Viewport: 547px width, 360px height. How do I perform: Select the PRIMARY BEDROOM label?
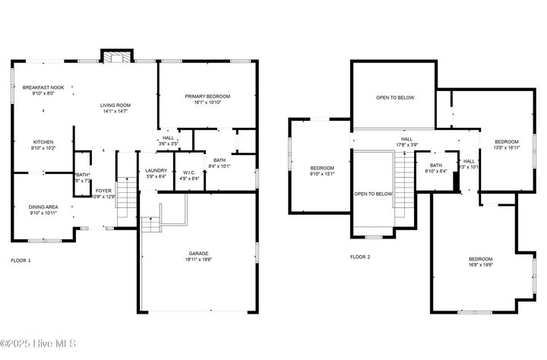(x=207, y=96)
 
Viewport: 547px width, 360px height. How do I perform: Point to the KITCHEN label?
(x=43, y=142)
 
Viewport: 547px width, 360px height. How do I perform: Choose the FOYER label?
(x=103, y=191)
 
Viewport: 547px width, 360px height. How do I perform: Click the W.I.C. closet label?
(x=190, y=172)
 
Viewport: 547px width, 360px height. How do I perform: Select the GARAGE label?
(x=199, y=254)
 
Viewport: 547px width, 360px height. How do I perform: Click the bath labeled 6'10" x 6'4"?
(x=436, y=166)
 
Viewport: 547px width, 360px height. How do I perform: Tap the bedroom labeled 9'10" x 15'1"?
(x=321, y=168)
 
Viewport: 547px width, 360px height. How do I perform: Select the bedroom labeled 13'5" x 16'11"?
(x=506, y=142)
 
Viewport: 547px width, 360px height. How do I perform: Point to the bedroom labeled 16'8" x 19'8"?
(x=480, y=260)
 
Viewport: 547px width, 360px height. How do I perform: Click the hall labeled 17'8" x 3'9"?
(x=406, y=139)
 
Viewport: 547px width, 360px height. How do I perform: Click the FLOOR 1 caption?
(x=21, y=261)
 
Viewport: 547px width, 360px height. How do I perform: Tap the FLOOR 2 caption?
(x=360, y=257)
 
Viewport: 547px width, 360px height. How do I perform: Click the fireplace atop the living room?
(x=117, y=58)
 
